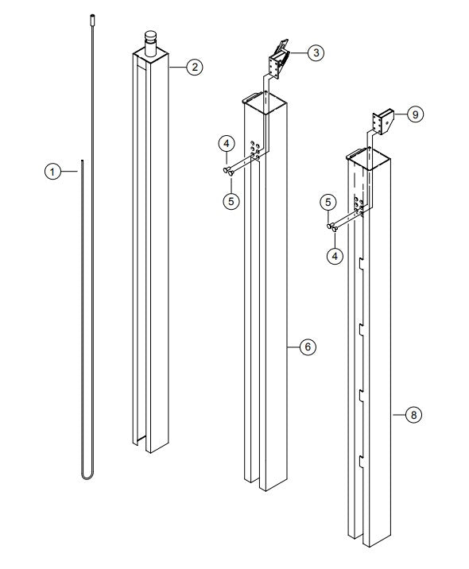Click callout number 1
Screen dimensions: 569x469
[x=52, y=169]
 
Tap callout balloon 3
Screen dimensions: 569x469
[x=316, y=53]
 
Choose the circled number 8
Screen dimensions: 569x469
[x=413, y=414]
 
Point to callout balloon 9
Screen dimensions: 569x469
[x=414, y=114]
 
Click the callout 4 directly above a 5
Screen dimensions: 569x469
[x=227, y=143]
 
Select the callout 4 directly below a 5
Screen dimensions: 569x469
[x=336, y=257]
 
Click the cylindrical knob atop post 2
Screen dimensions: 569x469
[x=150, y=40]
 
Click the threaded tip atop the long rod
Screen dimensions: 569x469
[x=91, y=16]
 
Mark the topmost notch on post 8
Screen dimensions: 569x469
[x=361, y=261]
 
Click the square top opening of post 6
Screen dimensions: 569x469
[x=264, y=99]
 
